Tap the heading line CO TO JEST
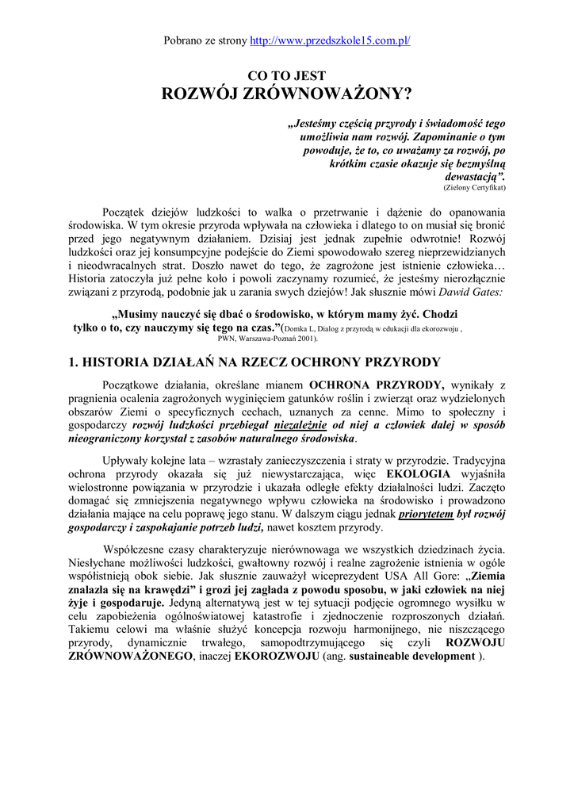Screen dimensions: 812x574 287,77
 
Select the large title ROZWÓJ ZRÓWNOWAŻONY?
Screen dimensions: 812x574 287,95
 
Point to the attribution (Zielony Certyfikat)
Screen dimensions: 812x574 474,188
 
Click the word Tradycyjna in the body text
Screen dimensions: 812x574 474,461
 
